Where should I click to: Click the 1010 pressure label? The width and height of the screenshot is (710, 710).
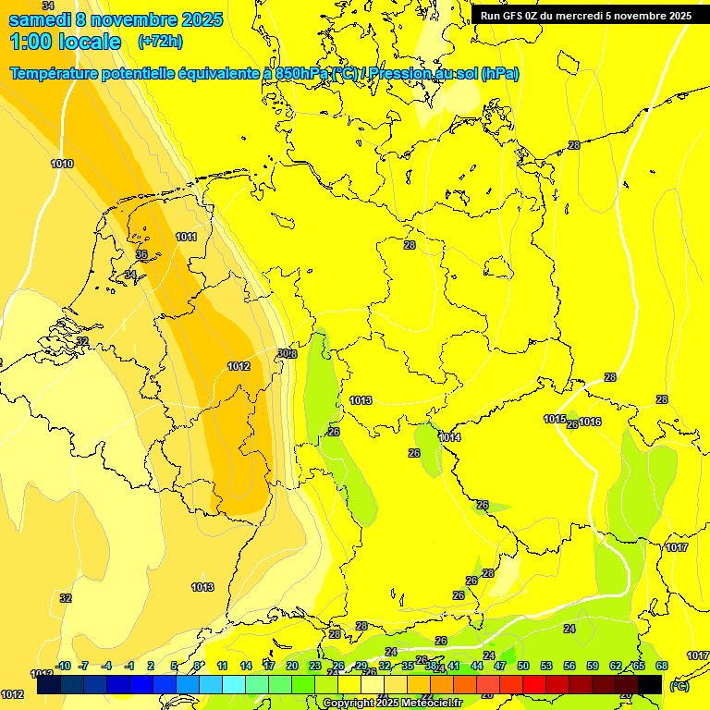(x=62, y=164)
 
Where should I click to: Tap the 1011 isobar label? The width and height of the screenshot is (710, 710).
(x=186, y=237)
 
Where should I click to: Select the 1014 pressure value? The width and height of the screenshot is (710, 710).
(x=449, y=437)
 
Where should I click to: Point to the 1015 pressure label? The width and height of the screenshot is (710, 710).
(x=554, y=419)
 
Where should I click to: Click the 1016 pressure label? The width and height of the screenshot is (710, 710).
(x=591, y=422)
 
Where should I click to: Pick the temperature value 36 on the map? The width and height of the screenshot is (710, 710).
(x=141, y=254)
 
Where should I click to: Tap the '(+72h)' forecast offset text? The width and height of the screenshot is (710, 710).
(x=160, y=42)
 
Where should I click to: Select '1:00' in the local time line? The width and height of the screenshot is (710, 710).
(x=30, y=42)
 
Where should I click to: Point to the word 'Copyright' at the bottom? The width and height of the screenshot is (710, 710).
(x=349, y=703)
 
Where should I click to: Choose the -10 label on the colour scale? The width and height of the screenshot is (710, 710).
(x=63, y=666)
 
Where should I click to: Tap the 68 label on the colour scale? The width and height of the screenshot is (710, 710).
(x=662, y=666)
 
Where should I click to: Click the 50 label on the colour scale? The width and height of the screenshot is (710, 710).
(x=523, y=666)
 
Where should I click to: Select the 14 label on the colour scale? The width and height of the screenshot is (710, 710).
(x=246, y=666)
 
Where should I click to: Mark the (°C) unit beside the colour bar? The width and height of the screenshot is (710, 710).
(x=679, y=685)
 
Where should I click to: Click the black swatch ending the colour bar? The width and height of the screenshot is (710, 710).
(x=650, y=684)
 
